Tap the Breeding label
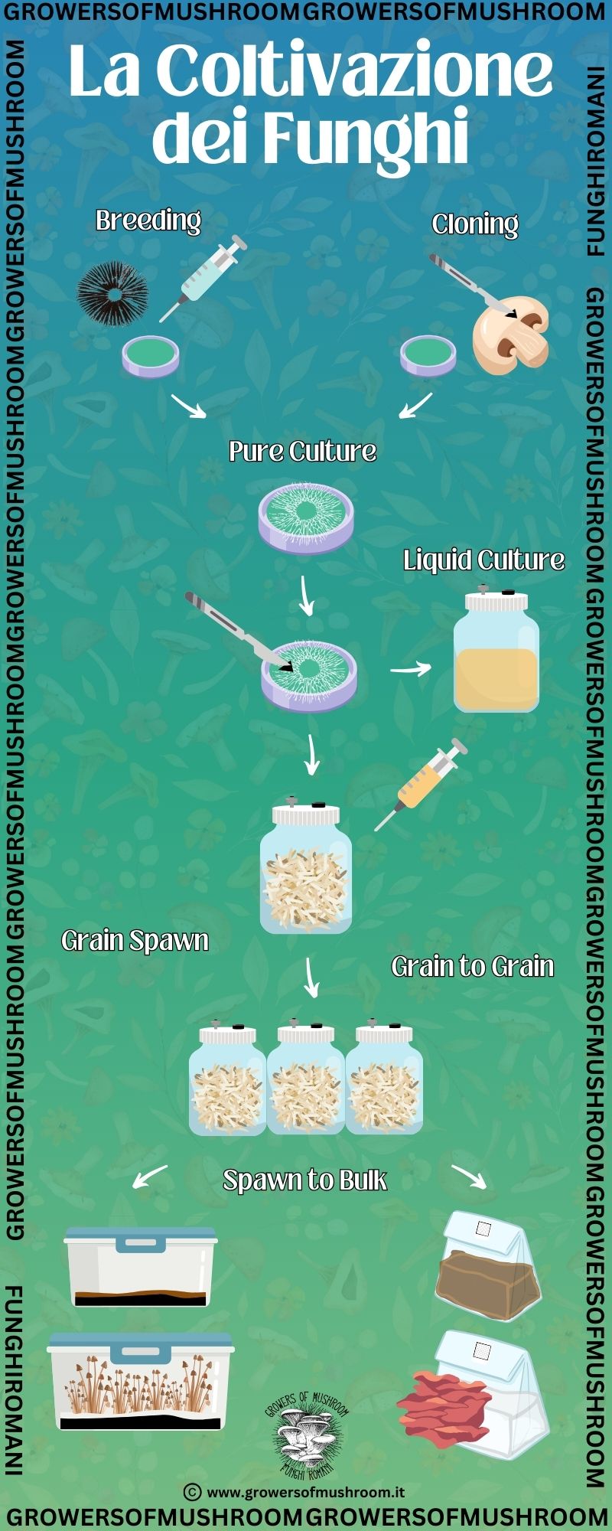148,220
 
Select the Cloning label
474,224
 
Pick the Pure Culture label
302,451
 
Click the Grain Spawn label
135,940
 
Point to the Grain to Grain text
472,966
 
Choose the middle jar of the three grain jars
306,1079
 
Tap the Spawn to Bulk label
304,1180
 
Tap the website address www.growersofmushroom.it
305,1491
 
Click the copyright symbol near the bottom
193,1491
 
